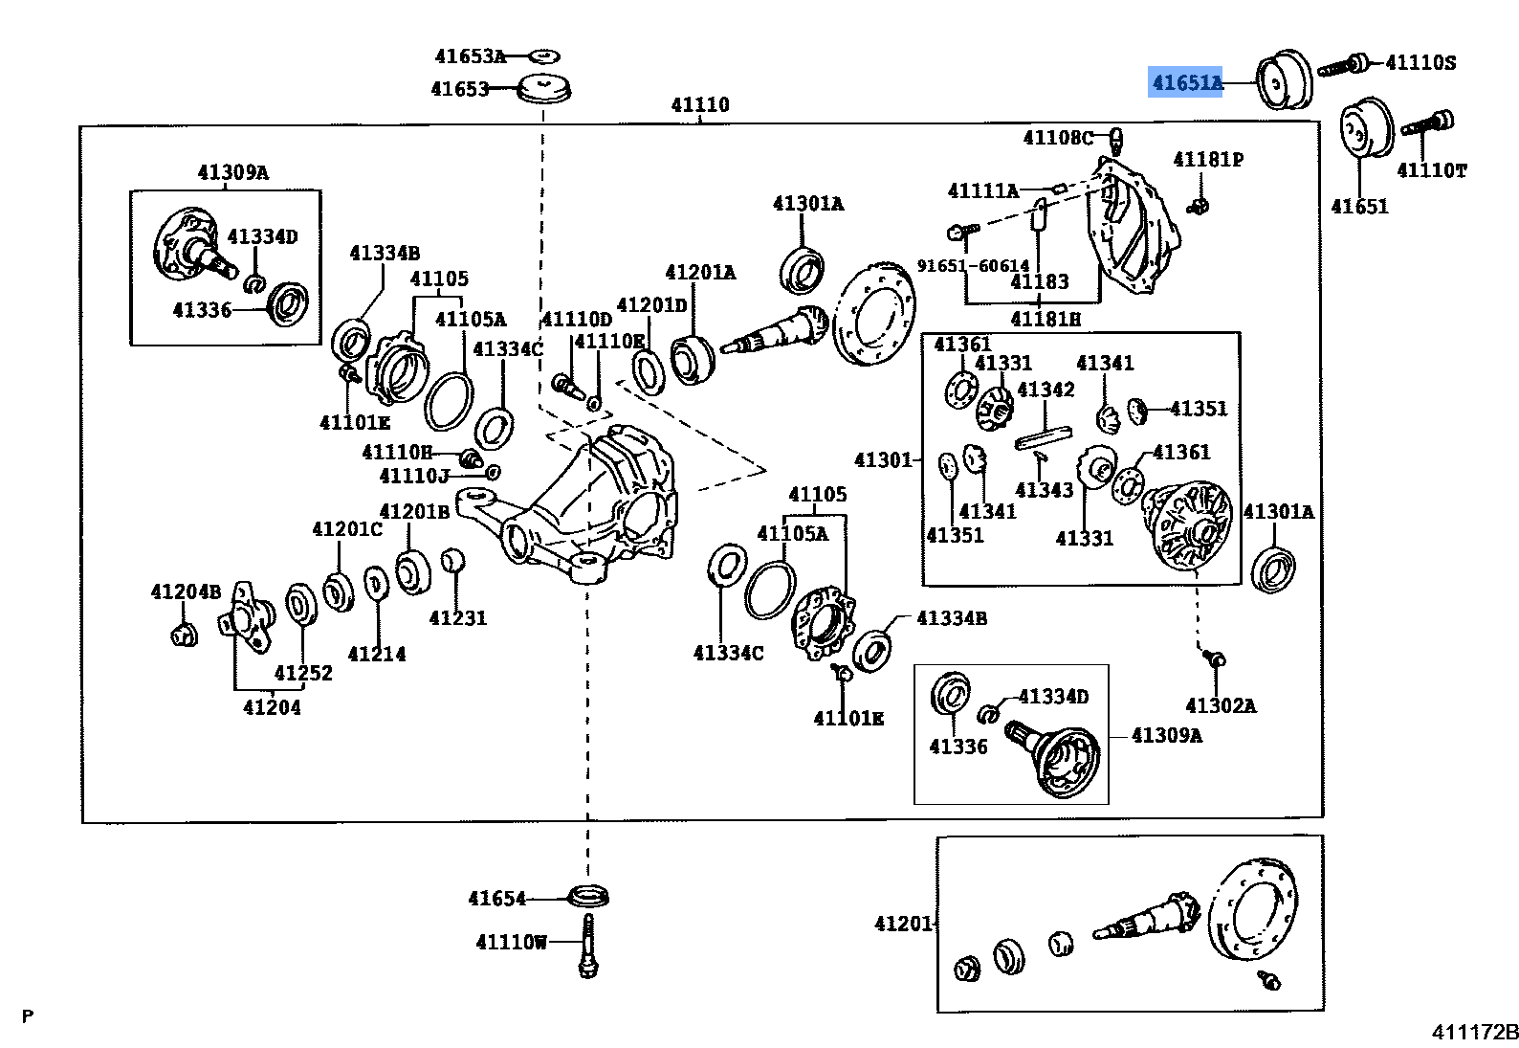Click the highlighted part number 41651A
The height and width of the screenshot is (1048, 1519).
[1186, 83]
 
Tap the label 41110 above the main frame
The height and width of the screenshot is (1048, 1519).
[699, 105]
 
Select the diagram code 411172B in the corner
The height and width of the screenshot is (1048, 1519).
[1474, 1032]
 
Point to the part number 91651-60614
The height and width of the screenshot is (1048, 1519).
[973, 266]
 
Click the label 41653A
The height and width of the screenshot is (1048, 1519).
[469, 56]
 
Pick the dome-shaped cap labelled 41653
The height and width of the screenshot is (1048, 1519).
[543, 87]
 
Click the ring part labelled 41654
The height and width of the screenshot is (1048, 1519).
[589, 897]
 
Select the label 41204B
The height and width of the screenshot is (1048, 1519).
[186, 592]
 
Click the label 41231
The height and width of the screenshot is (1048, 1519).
[457, 618]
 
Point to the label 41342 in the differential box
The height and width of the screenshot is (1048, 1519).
[1046, 390]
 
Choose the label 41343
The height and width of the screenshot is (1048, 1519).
[1044, 491]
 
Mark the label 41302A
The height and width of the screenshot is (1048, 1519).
[1221, 706]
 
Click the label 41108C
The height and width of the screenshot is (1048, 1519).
[1057, 138]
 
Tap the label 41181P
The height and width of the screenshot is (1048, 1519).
[1208, 160]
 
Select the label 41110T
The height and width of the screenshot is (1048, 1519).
[1431, 170]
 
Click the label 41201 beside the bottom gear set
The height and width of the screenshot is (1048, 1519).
[902, 924]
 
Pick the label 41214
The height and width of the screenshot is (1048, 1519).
[377, 655]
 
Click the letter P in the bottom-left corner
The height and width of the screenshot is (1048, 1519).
[28, 1016]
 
